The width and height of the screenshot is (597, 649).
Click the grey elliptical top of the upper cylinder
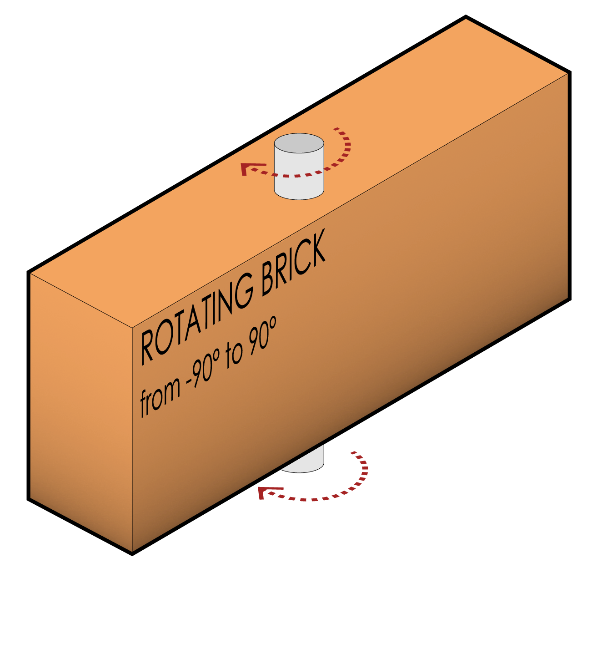click(x=299, y=143)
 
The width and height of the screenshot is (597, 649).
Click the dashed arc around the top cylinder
click(x=346, y=150)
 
